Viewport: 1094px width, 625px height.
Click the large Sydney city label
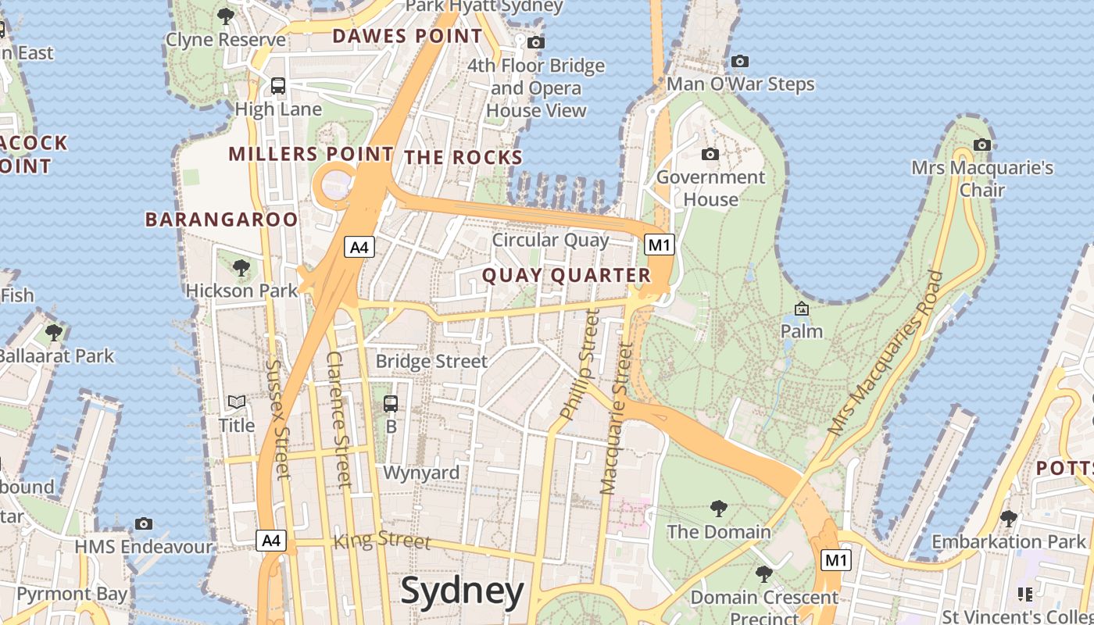point(462,591)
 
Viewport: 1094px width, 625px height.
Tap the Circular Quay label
point(550,240)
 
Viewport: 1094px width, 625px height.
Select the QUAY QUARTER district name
point(567,275)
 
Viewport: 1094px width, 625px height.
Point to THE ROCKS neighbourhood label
point(463,157)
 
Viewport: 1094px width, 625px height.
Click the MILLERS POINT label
point(310,154)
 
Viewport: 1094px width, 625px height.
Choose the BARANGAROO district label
point(222,220)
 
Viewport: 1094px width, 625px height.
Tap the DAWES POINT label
point(407,36)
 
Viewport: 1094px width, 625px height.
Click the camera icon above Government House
point(710,154)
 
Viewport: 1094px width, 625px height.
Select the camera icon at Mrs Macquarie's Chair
point(982,145)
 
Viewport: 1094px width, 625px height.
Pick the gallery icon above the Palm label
point(801,309)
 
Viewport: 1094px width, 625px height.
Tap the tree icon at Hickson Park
point(241,268)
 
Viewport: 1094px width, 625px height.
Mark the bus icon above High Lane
point(278,86)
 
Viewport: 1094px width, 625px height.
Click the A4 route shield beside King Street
point(271,540)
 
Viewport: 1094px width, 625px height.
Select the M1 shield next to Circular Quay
point(659,245)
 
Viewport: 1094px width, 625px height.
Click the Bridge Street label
point(431,361)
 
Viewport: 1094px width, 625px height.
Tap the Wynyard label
point(421,473)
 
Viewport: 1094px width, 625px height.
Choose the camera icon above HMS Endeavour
point(144,523)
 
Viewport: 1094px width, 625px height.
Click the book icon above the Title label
point(237,402)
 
